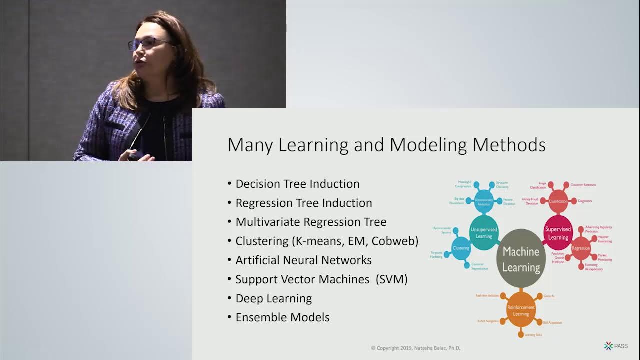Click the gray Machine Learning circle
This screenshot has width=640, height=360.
pos(521,258)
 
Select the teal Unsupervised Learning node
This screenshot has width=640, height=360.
pos(484,232)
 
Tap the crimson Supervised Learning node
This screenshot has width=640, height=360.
pos(558,233)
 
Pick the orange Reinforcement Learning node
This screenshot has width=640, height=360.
pos(521,310)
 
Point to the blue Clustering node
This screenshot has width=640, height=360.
pos(461,248)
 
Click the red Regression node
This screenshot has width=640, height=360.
pos(581,248)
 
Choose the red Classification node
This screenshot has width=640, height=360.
pos(558,201)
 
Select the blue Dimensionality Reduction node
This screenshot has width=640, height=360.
pos(483,201)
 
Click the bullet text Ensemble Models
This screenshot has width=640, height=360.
pos(282,317)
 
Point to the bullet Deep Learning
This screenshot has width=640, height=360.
pos(273,298)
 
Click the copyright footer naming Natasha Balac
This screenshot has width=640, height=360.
pos(415,348)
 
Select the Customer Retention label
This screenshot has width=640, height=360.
pos(583,185)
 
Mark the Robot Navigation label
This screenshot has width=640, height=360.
pos(488,321)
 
